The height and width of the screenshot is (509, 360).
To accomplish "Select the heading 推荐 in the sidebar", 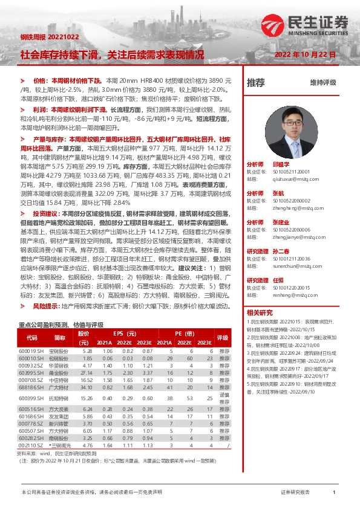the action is tap(256, 82).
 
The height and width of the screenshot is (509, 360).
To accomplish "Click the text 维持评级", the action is tap(322, 82).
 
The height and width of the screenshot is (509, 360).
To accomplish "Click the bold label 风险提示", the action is tap(47, 306).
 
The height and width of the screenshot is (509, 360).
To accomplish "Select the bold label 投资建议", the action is tap(47, 214).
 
